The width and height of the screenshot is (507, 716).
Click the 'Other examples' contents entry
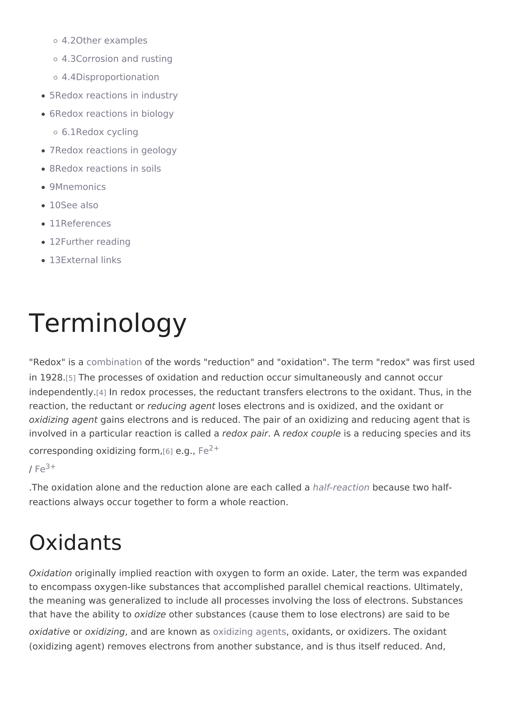pos(104,41)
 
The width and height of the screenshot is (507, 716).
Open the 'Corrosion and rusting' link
pos(117,59)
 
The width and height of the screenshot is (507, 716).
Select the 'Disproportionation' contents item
pos(110,77)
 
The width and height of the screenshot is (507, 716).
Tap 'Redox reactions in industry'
pos(113,95)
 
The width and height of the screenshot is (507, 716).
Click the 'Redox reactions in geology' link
pos(113,150)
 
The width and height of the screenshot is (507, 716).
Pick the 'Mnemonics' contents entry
pos(77,187)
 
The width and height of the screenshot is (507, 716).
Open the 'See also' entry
pos(74,205)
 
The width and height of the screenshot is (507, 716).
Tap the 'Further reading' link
pos(90,242)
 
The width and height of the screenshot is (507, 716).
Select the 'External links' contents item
pos(85,260)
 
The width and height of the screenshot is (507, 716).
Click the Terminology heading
pos(108,323)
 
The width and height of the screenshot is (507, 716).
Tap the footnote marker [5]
pos(71,378)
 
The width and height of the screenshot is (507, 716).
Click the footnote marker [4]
pos(101,393)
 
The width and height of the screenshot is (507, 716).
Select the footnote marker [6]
pos(168,451)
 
